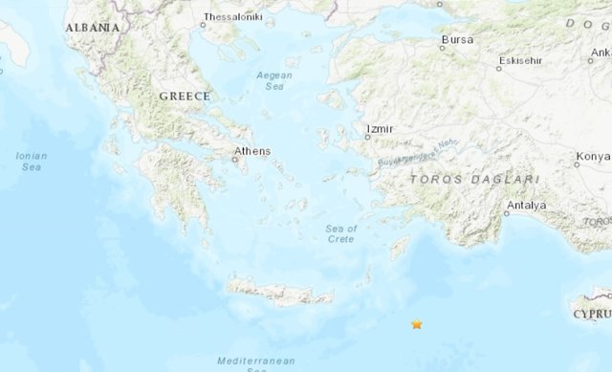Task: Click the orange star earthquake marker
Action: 416,325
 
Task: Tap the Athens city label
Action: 253,151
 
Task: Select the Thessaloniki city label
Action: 233,17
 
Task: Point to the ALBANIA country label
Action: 93,28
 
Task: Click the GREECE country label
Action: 184,97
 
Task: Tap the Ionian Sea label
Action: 32,161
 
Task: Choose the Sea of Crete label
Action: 340,233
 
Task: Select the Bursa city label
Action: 457,40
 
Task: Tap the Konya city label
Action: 593,157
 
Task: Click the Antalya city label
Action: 527,205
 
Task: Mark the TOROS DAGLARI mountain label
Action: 474,179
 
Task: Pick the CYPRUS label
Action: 592,313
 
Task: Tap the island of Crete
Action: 277,290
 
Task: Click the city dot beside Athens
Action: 234,160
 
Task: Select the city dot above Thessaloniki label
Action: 203,26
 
